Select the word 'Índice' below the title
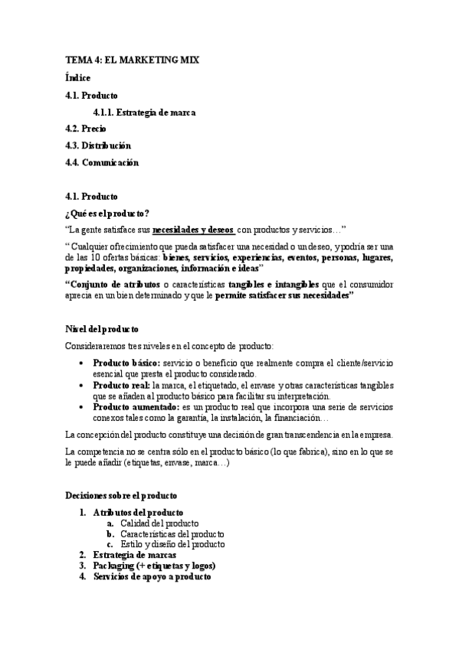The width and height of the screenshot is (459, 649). tap(78, 77)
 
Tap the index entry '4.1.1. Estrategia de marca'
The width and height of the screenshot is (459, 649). tap(143, 113)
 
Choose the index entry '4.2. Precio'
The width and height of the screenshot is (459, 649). tap(86, 129)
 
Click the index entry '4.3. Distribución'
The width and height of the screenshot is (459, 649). tap(98, 145)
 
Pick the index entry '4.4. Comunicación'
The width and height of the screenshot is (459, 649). tap(102, 161)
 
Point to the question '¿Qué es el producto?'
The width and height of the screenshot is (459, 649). tap(107, 213)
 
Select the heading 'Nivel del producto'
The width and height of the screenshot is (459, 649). tap(102, 328)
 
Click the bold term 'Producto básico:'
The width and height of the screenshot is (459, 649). tap(126, 363)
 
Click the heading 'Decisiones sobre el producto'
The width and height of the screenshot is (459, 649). tap(122, 495)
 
